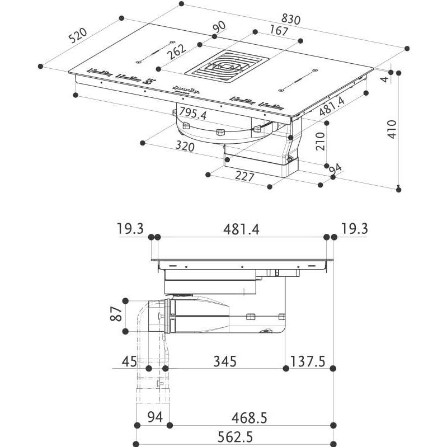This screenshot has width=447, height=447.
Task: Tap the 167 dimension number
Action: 278,31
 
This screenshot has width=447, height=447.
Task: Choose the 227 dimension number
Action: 244,177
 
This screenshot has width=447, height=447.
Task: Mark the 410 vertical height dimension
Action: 392,130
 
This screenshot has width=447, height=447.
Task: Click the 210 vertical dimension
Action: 320,141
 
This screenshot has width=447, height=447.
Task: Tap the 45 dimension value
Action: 129,361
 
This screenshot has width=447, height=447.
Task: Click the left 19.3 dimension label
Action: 130,229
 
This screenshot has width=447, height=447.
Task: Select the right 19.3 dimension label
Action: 353,229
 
